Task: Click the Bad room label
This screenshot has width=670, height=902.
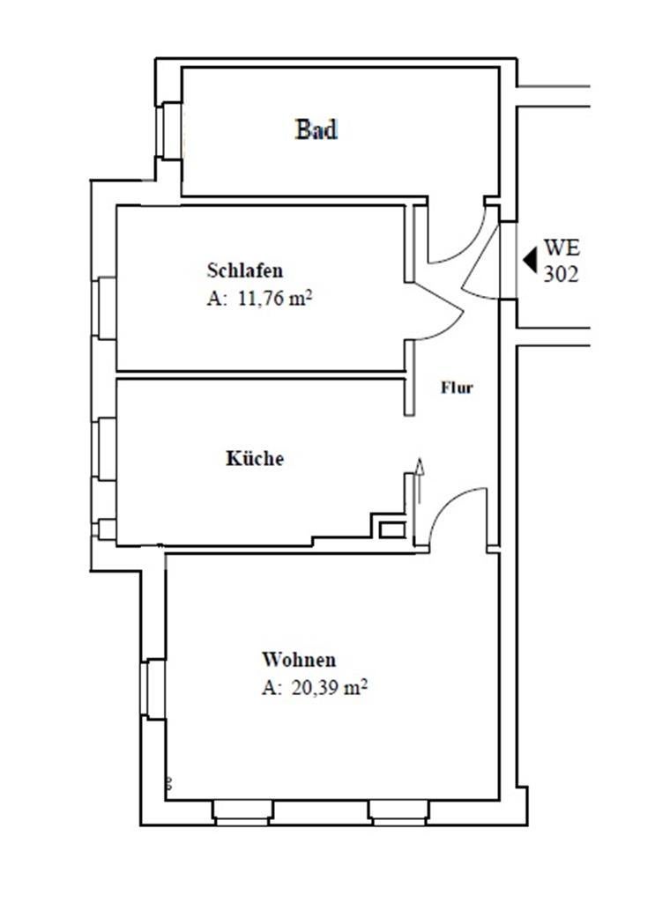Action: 316,130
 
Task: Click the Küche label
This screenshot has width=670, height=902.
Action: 255,459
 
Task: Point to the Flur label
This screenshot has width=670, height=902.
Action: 458,387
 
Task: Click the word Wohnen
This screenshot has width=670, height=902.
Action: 298,659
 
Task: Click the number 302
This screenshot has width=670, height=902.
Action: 562,275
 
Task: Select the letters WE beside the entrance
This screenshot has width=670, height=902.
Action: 562,248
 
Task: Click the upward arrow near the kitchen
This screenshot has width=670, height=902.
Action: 420,480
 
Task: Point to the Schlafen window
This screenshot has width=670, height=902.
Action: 107,307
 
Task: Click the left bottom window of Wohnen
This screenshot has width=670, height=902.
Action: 242,812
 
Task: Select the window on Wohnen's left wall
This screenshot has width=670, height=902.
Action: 153,688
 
